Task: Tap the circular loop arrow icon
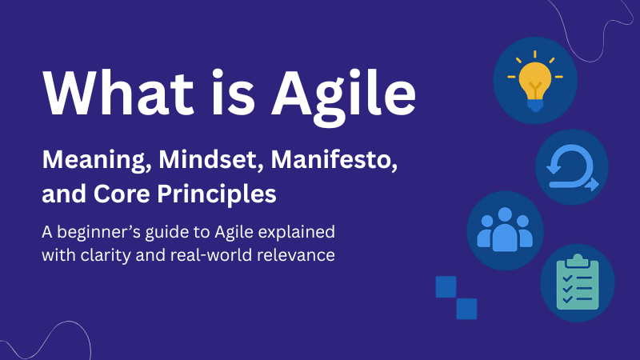tap(571, 166)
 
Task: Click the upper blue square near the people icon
tap(446, 287)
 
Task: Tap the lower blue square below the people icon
tap(466, 309)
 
